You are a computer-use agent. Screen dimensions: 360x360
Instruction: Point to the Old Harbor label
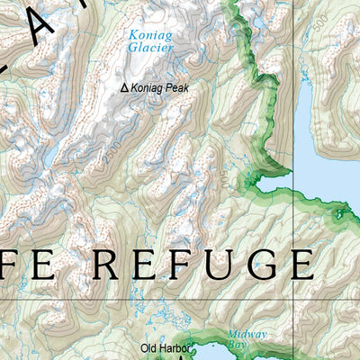pyautogui.click(x=165, y=347)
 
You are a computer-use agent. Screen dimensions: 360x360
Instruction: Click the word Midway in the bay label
pyautogui.click(x=247, y=334)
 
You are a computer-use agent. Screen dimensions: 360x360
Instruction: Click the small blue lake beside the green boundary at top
pyautogui.click(x=258, y=22)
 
